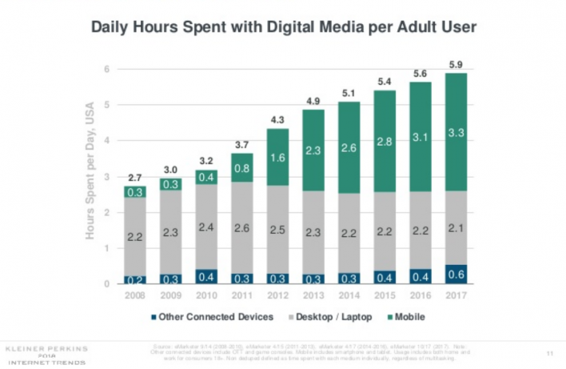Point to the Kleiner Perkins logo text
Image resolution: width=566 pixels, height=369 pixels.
point(47,349)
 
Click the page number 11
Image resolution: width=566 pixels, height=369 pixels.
point(550,352)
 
